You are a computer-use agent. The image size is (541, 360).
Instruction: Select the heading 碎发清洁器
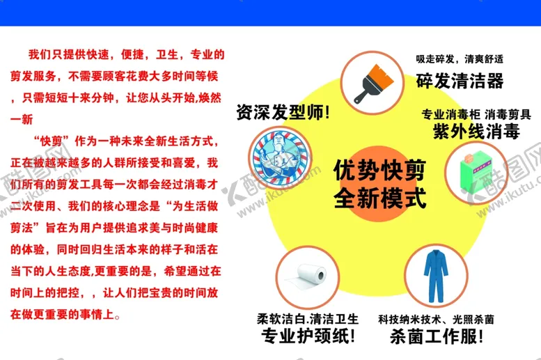[x=460, y=81]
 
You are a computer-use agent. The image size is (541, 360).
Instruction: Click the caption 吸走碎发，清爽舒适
[x=460, y=59]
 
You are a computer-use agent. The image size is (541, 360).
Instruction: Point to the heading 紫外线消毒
[x=476, y=131]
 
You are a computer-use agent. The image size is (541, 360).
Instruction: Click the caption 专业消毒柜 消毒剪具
[x=476, y=114]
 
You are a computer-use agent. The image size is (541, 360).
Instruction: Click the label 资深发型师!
[x=283, y=112]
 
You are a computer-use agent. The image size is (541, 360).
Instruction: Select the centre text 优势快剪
[x=379, y=170]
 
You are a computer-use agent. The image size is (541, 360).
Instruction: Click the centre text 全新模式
[x=379, y=198]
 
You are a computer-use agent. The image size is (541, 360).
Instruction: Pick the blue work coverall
[x=436, y=276]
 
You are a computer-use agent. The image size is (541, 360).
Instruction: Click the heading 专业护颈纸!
[x=308, y=336]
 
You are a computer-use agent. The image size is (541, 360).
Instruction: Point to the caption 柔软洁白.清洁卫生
[x=308, y=319]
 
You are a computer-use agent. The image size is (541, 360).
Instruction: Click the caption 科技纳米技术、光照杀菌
[x=436, y=320]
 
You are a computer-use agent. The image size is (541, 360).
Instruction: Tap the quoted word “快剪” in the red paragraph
[x=51, y=141]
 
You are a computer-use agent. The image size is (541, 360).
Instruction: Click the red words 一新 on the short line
[x=22, y=120]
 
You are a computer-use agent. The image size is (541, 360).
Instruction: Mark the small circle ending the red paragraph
[x=117, y=316]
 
